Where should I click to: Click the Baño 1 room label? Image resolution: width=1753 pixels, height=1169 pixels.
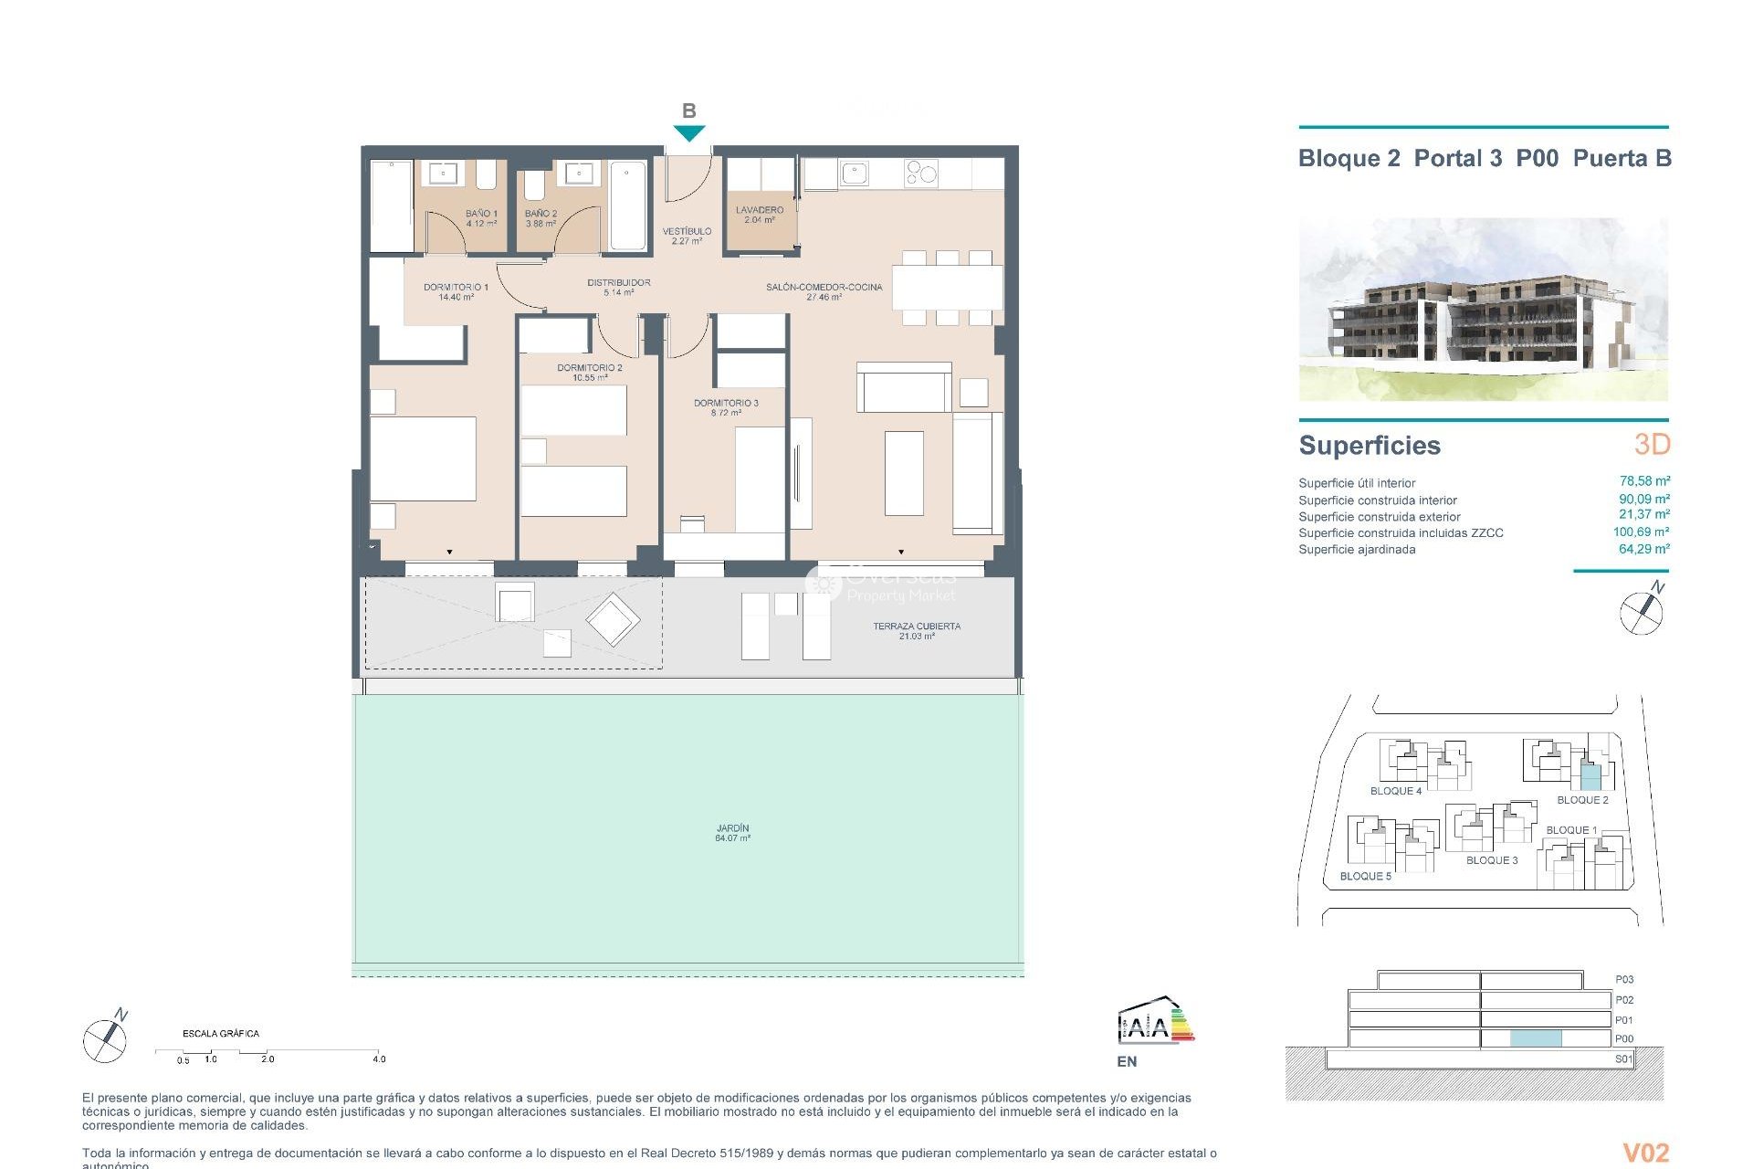(481, 217)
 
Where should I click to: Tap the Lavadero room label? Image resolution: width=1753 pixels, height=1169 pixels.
(759, 215)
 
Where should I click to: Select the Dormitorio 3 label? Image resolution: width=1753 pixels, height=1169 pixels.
(726, 407)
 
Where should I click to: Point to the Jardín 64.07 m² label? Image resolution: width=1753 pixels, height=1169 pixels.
(732, 833)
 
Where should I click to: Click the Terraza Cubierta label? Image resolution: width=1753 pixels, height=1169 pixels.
(916, 630)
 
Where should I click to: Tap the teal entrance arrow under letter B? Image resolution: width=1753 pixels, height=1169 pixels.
(689, 133)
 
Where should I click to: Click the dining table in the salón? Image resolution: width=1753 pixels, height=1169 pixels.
(947, 288)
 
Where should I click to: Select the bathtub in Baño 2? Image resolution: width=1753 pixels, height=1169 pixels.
(627, 205)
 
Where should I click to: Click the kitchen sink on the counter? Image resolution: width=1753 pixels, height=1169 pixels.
(855, 173)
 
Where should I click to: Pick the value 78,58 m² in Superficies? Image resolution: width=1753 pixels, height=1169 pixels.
(1643, 481)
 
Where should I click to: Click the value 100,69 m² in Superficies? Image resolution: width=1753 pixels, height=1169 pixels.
(1640, 532)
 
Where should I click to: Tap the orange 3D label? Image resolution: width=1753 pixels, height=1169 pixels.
(1652, 445)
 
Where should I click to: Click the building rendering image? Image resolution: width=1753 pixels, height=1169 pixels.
(1483, 309)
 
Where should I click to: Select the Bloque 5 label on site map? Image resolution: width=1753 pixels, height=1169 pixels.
(1365, 876)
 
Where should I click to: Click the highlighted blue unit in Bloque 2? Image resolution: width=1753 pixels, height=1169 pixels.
(1590, 777)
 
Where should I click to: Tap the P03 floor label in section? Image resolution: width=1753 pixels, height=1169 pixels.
(1623, 979)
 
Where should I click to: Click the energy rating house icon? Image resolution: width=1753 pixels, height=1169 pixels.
(1154, 1022)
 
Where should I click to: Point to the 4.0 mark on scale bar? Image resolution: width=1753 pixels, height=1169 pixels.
(379, 1058)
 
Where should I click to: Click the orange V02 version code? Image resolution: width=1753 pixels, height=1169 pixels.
(1645, 1153)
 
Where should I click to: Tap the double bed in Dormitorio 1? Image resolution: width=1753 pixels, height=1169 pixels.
(423, 458)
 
